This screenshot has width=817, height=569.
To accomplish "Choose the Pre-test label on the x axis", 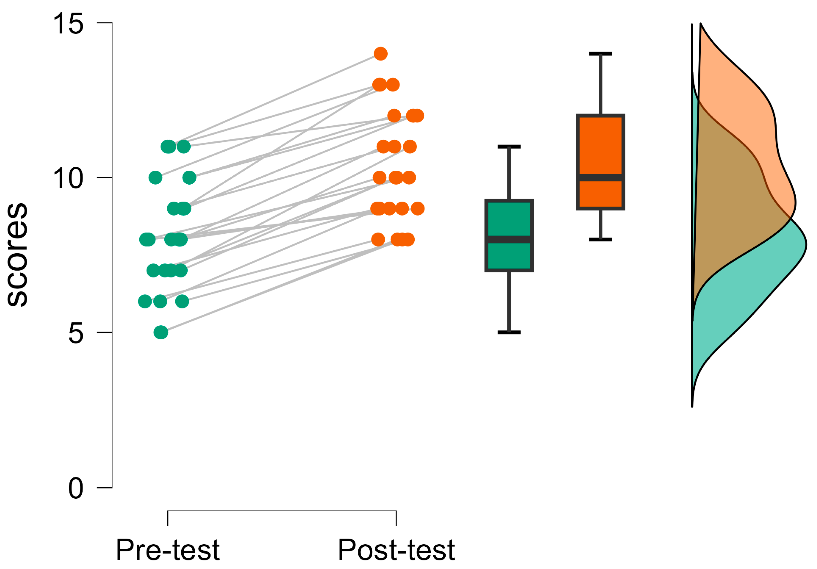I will (168, 550).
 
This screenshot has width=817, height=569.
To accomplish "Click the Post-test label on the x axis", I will (396, 550).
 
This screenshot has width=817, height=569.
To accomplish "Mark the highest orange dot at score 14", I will (380, 54).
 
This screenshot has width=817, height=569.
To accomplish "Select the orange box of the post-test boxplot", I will (600, 146).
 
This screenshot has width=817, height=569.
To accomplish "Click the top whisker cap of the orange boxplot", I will (600, 54).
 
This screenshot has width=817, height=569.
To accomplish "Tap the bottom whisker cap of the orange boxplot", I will (600, 240).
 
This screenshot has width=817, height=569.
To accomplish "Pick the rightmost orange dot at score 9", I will (418, 209).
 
